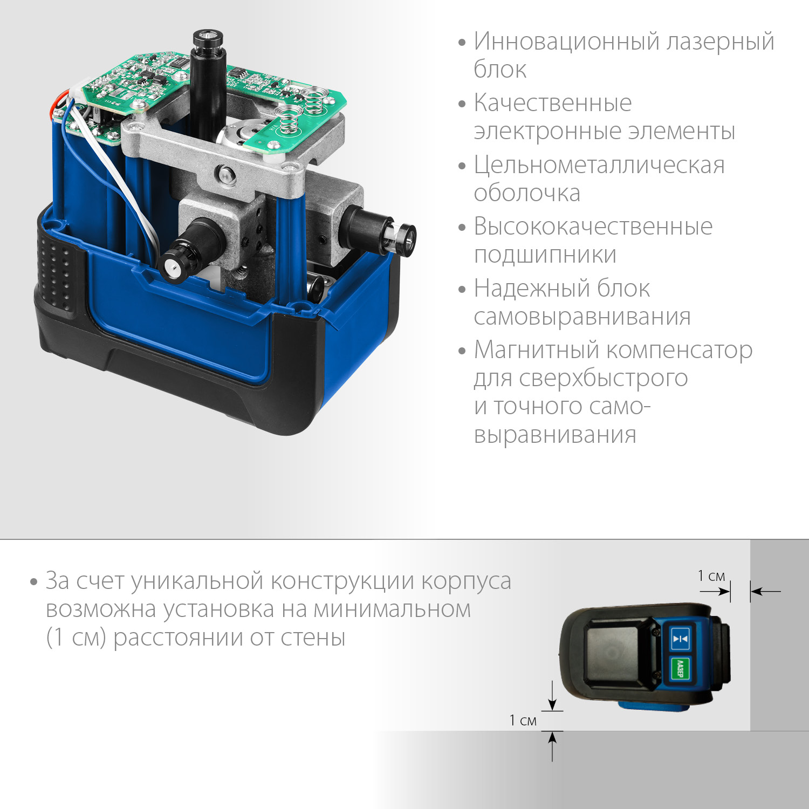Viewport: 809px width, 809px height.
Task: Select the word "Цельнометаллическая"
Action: point(599,165)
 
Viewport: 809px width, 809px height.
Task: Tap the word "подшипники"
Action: point(545,255)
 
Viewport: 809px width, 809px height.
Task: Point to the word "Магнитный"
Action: point(536,350)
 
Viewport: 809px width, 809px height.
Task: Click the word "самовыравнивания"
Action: point(581,317)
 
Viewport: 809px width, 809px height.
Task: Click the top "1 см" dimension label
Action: point(711,576)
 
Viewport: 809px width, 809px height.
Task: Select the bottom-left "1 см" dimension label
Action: point(523,721)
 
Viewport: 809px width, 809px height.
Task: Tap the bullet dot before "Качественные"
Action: point(462,104)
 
